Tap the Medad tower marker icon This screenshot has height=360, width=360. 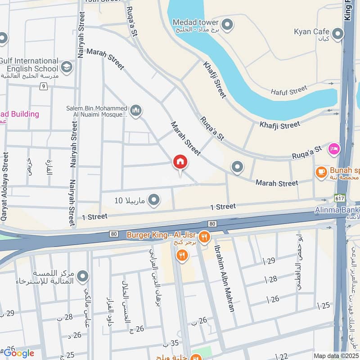(228, 23)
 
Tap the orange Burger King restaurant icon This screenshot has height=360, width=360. (204, 235)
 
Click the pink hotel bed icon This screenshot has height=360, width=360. (334, 148)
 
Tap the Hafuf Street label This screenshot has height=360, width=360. (289, 91)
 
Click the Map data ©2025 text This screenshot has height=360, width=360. (335, 355)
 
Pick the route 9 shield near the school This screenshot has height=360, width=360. (44, 86)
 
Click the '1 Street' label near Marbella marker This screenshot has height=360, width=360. (94, 216)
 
